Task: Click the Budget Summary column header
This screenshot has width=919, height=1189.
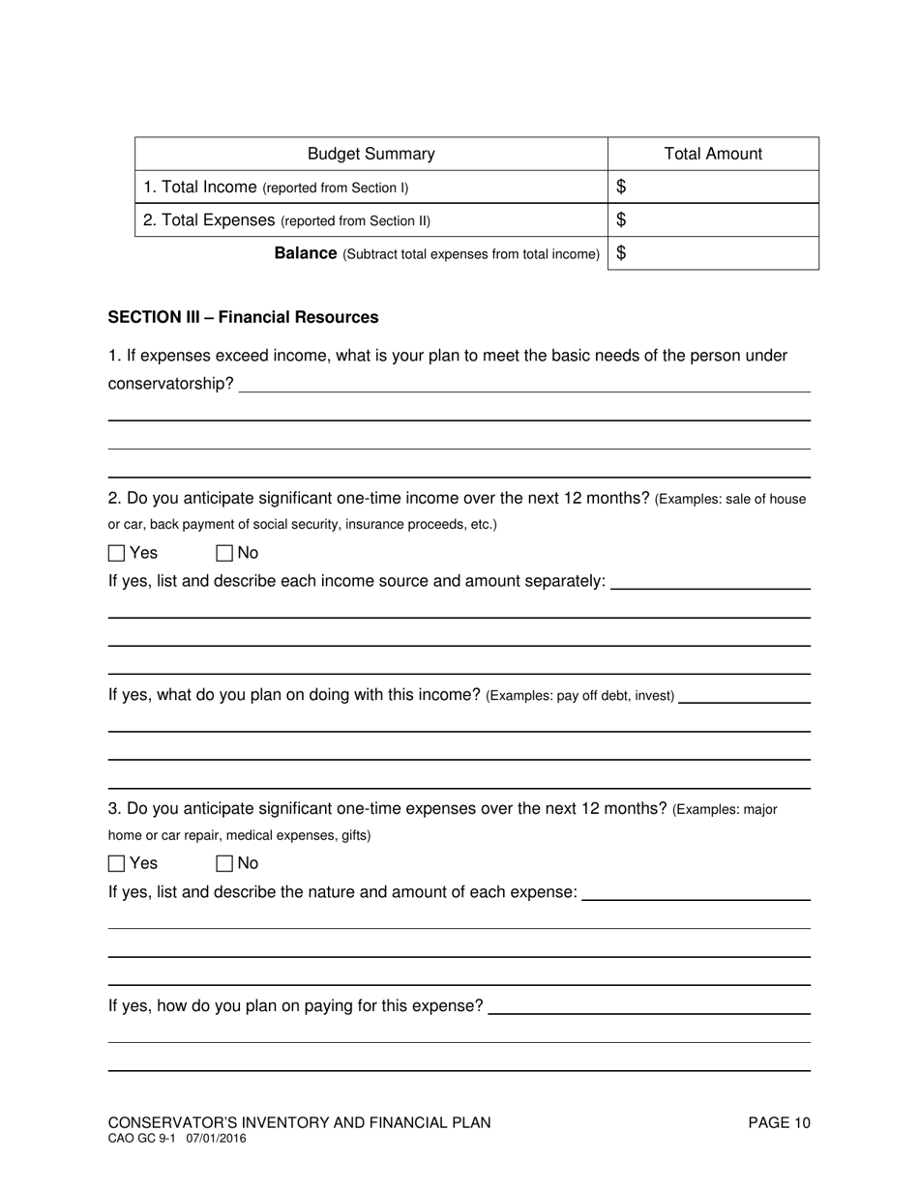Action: tap(371, 154)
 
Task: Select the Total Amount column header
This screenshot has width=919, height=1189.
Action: tap(713, 154)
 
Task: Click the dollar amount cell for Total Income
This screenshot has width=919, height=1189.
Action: tap(716, 187)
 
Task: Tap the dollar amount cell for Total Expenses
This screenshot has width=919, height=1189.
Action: tap(716, 219)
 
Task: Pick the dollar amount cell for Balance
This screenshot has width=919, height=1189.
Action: tap(716, 253)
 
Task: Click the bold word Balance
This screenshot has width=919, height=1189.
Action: tap(306, 253)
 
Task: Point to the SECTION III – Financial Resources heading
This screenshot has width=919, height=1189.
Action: tap(243, 317)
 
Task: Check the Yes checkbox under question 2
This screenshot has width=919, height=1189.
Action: tap(117, 554)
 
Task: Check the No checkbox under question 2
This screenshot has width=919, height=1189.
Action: tap(224, 554)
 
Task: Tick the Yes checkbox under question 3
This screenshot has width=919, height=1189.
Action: tap(117, 863)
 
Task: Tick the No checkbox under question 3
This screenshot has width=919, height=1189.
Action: tap(224, 863)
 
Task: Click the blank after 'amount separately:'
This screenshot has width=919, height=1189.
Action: tap(711, 582)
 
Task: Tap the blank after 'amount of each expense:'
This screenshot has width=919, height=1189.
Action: tap(697, 892)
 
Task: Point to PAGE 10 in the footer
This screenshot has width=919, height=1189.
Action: tap(779, 1122)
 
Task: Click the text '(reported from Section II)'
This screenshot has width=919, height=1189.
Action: tap(356, 220)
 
